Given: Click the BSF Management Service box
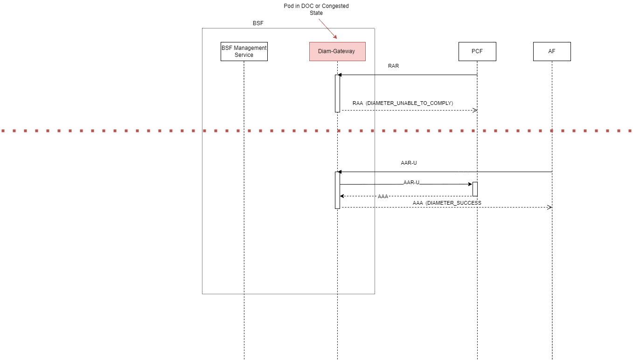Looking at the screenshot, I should (x=244, y=52).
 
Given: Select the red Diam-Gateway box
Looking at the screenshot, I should (x=337, y=51).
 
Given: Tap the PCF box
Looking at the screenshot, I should (x=477, y=51).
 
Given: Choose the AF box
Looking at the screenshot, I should (x=552, y=51).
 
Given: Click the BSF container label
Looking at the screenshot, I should (x=258, y=23).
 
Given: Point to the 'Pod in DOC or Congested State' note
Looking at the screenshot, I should (x=316, y=9).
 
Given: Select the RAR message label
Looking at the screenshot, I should (x=393, y=66).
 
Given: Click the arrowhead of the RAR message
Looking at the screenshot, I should (x=340, y=75).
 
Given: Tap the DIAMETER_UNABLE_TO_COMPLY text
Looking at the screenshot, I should (x=410, y=103).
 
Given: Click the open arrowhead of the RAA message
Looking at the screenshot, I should (x=475, y=110).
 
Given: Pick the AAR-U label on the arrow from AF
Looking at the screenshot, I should (x=409, y=163).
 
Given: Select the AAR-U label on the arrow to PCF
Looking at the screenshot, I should (x=411, y=183).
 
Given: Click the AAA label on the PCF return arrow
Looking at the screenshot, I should (x=383, y=196).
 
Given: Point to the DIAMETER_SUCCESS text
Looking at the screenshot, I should (x=453, y=203).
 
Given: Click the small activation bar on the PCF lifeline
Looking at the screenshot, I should (x=475, y=189).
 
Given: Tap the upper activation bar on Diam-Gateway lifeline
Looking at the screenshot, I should (x=337, y=93).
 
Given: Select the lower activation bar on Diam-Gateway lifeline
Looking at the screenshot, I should (x=337, y=190).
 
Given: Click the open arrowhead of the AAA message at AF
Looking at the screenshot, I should (x=550, y=207).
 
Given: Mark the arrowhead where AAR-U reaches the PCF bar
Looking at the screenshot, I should (x=470, y=184).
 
